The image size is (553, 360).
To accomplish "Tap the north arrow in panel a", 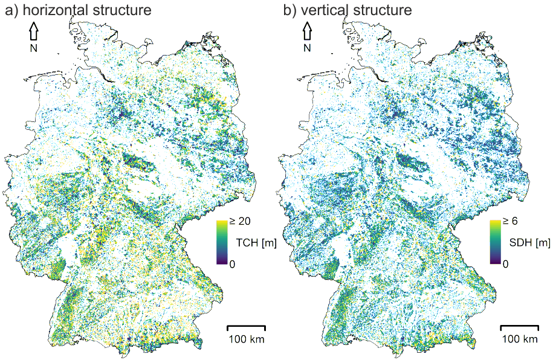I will pyautogui.click(x=34, y=31).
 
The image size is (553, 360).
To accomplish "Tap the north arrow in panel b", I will pyautogui.click(x=307, y=31).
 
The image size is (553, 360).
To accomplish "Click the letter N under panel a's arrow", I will pyautogui.click(x=34, y=48).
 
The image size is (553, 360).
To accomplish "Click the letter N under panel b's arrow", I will pyautogui.click(x=307, y=48).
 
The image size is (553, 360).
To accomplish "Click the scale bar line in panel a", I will pyautogui.click(x=246, y=327).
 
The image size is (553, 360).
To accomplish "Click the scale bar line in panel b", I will pyautogui.click(x=519, y=327).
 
